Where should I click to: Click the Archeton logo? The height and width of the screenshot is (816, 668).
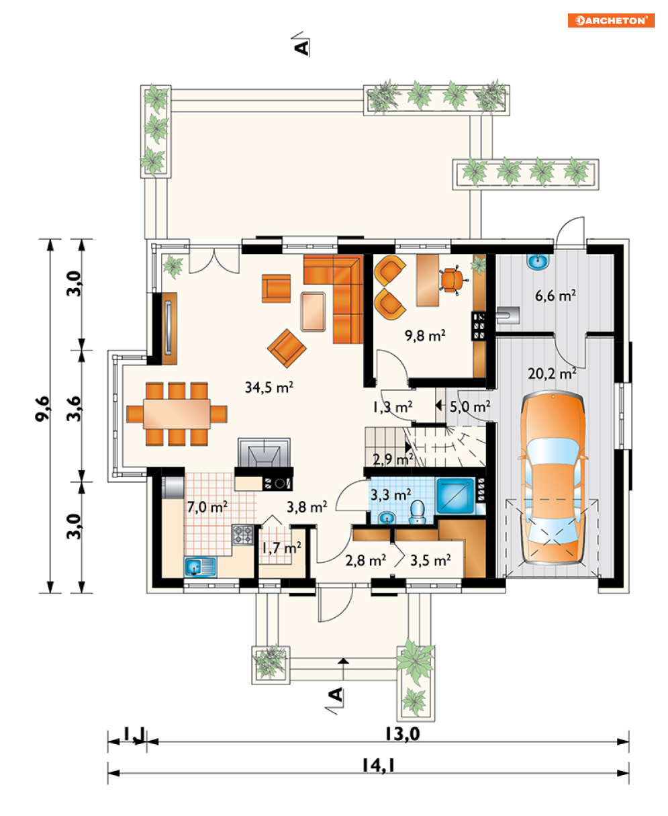[x=611, y=21]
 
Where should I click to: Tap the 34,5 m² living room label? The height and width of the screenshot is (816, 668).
[x=269, y=387]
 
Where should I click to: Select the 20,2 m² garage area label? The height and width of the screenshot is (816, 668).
[x=553, y=373]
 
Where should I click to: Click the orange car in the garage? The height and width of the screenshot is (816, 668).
[x=553, y=477]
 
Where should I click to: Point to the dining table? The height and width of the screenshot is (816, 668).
[x=177, y=414]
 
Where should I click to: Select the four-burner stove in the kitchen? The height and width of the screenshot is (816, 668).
[x=243, y=535]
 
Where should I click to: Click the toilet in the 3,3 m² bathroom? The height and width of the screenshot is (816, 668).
[x=418, y=512]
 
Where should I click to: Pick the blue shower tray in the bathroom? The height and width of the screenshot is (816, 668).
[x=456, y=496]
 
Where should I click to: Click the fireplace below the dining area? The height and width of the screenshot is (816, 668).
[x=265, y=452]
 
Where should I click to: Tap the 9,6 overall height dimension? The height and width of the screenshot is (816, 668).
[x=42, y=408]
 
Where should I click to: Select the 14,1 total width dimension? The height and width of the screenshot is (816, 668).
[x=378, y=765]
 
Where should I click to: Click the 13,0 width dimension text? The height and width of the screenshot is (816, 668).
[x=402, y=733]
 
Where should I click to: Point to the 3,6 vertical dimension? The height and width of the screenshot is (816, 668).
[x=74, y=408]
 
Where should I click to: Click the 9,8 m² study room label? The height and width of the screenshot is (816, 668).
[x=425, y=335]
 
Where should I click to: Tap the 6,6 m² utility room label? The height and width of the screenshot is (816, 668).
[x=555, y=296]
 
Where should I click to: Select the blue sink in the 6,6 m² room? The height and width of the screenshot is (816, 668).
[x=538, y=261]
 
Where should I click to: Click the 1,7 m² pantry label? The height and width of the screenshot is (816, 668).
[x=281, y=548]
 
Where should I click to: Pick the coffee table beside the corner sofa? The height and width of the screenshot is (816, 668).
[x=313, y=312]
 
